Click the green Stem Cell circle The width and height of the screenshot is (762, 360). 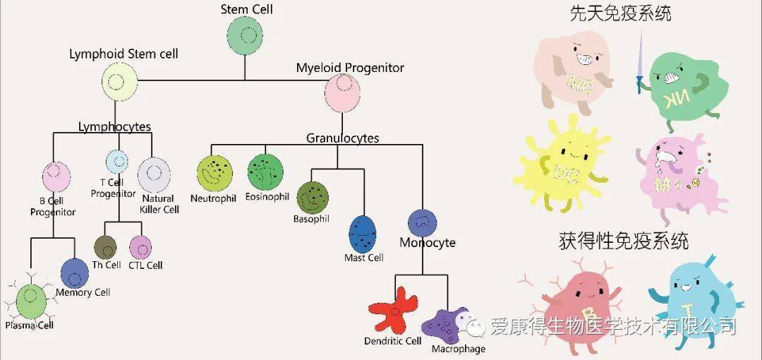pyautogui.click(x=244, y=35)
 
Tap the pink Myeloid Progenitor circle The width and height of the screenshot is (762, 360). pyautogui.click(x=342, y=93)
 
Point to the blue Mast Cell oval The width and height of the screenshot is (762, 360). pyautogui.click(x=363, y=234)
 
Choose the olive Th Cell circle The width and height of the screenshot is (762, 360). pyautogui.click(x=105, y=248)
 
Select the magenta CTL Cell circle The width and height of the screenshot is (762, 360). pyautogui.click(x=140, y=248)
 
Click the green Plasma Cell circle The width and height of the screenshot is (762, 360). pyautogui.click(x=31, y=301)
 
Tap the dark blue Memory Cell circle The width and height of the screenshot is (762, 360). pyautogui.click(x=74, y=273)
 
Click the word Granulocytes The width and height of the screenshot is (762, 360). pyautogui.click(x=343, y=138)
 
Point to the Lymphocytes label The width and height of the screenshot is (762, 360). pyautogui.click(x=115, y=127)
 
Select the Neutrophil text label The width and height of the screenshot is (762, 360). pyautogui.click(x=213, y=198)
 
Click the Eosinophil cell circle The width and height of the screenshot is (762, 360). pyautogui.click(x=265, y=172)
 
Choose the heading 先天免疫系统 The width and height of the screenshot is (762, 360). pyautogui.click(x=621, y=13)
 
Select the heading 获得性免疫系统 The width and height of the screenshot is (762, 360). pyautogui.click(x=624, y=240)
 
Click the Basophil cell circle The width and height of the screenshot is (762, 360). pyautogui.click(x=313, y=198)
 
